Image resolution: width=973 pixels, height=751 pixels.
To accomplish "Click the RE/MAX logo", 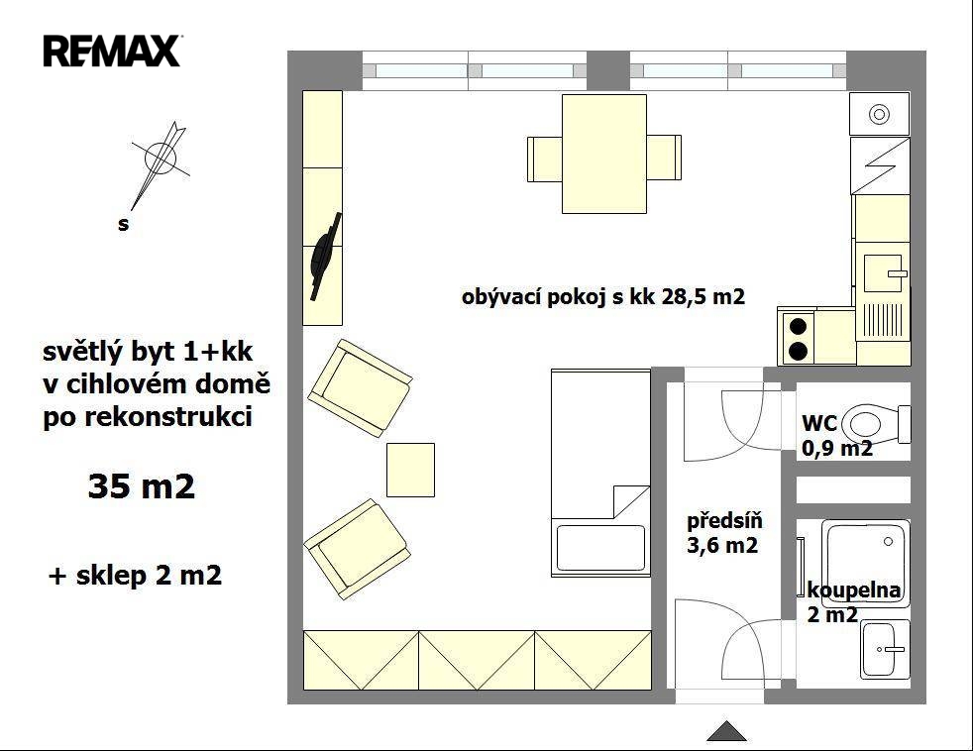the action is pos(112,51).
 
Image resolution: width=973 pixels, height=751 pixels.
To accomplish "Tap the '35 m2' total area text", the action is pos(142,486).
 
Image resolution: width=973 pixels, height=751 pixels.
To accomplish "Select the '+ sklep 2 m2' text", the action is pos(135,576).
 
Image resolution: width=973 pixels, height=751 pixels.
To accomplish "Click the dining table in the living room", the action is pos(604,154).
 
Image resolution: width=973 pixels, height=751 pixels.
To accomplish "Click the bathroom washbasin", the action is pos(884,649).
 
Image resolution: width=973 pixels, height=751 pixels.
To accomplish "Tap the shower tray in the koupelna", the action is pos(866,564).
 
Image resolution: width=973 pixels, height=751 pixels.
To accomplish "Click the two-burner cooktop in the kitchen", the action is pos(798,338).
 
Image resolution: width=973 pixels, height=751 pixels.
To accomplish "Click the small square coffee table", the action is pos(410,470).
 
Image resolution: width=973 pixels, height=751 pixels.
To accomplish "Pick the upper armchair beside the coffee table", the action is pos(360,387).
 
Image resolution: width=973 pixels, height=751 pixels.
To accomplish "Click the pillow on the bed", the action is pos(600,548).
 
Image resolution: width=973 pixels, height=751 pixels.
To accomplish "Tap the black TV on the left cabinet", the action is pos(325,257).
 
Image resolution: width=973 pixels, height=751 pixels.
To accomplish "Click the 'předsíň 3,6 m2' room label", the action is pos(724,532).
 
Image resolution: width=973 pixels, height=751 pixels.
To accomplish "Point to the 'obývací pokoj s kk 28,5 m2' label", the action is pos(603,296).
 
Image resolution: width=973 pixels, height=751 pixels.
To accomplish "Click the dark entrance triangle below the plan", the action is pos(726,731).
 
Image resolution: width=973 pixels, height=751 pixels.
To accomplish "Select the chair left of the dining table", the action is pos(545,159).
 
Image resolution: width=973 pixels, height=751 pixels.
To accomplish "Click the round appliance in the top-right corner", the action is pos(879,114).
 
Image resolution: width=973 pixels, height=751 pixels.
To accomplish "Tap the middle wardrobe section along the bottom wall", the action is pos(477,661).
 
